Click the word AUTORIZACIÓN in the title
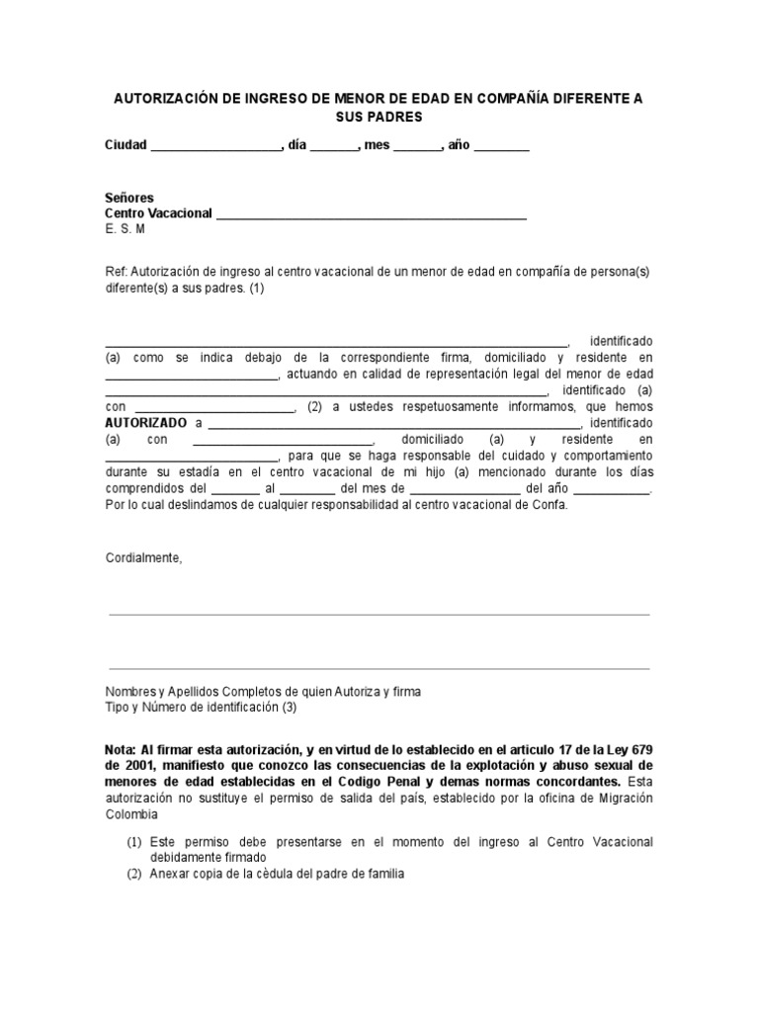point(167,100)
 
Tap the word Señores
point(129,198)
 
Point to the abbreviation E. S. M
point(126,229)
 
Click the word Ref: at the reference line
point(116,272)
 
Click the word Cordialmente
point(144,557)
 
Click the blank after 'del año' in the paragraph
point(612,489)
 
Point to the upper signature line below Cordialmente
point(379,614)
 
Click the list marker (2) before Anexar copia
point(134,874)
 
